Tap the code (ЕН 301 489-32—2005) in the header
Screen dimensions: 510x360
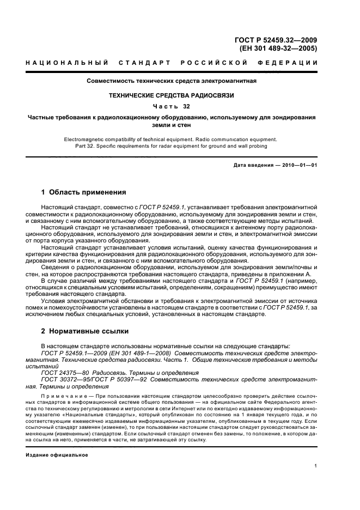pyautogui.click(x=278, y=48)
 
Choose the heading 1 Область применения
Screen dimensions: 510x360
pyautogui.click(x=84, y=192)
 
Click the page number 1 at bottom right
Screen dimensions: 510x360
pyautogui.click(x=315, y=466)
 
